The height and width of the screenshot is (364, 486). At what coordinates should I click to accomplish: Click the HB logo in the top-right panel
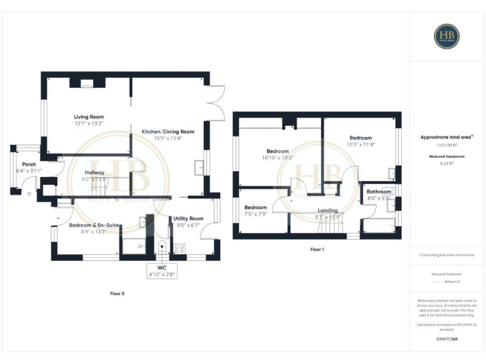coord(447,37)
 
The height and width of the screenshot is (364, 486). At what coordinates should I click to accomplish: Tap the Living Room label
coord(89,117)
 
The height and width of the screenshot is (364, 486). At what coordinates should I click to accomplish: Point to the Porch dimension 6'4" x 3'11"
coord(29,171)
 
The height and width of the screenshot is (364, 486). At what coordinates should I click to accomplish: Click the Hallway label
coord(94,173)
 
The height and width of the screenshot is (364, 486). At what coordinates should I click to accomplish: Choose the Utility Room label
coord(188,218)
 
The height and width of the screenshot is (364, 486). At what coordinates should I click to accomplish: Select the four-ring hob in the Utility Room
coord(178,248)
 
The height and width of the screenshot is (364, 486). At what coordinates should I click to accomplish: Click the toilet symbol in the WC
coord(163,248)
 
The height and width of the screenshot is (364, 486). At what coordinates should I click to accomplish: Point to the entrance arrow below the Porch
coord(28,195)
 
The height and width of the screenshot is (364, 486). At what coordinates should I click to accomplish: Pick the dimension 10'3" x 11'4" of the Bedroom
coord(361,144)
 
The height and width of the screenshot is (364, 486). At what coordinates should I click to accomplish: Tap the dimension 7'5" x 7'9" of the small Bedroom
coord(256,214)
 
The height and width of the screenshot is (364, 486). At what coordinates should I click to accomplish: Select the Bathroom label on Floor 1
coord(379,191)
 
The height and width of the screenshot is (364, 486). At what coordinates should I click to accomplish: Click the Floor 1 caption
coord(317,250)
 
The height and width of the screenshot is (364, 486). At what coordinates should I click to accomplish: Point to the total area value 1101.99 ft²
coord(447,145)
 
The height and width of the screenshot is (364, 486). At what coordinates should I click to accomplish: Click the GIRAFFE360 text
coord(447,339)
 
